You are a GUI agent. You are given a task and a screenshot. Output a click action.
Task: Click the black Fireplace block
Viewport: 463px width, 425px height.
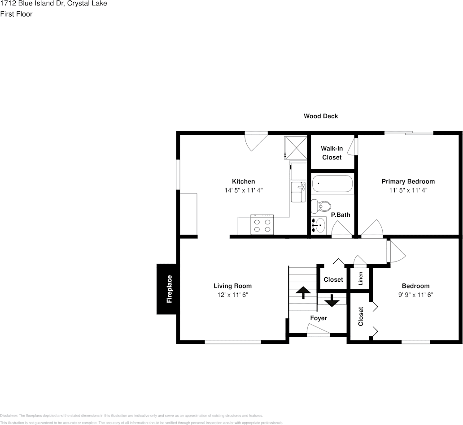(x=168, y=289)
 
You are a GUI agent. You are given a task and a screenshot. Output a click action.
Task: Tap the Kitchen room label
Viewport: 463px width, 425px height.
(x=243, y=181)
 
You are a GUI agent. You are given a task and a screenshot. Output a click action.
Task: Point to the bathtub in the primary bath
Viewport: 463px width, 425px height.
(x=332, y=184)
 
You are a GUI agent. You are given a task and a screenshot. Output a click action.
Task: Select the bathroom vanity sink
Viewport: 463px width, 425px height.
(x=319, y=225)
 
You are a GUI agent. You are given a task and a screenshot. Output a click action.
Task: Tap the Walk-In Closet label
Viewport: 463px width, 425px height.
(x=332, y=153)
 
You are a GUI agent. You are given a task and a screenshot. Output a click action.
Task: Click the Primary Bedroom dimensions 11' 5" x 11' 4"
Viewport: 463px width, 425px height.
(x=408, y=190)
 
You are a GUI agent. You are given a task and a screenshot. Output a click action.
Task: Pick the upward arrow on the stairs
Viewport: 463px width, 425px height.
(x=303, y=292)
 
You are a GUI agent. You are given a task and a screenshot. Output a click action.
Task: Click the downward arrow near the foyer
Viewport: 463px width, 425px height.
(x=332, y=301)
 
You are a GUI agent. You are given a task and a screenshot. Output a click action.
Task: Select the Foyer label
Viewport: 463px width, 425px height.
(x=319, y=318)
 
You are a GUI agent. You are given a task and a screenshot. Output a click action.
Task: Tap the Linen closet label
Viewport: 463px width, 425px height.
(x=360, y=278)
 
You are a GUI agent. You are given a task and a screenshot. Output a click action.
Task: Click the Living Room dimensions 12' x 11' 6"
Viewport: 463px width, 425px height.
(x=232, y=295)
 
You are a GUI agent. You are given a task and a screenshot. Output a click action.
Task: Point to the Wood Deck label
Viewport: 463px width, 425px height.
(x=321, y=116)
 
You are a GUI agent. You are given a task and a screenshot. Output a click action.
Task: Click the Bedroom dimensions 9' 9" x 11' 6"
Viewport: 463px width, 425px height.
(x=415, y=295)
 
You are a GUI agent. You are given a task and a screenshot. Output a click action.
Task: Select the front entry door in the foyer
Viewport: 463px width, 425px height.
(x=318, y=332)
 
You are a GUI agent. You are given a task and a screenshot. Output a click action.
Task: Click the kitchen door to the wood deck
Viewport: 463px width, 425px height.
(x=256, y=140)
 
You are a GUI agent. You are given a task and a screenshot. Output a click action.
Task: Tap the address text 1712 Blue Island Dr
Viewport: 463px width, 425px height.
(x=31, y=4)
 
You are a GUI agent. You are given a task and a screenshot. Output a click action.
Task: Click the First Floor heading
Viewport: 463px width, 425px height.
(x=16, y=14)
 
